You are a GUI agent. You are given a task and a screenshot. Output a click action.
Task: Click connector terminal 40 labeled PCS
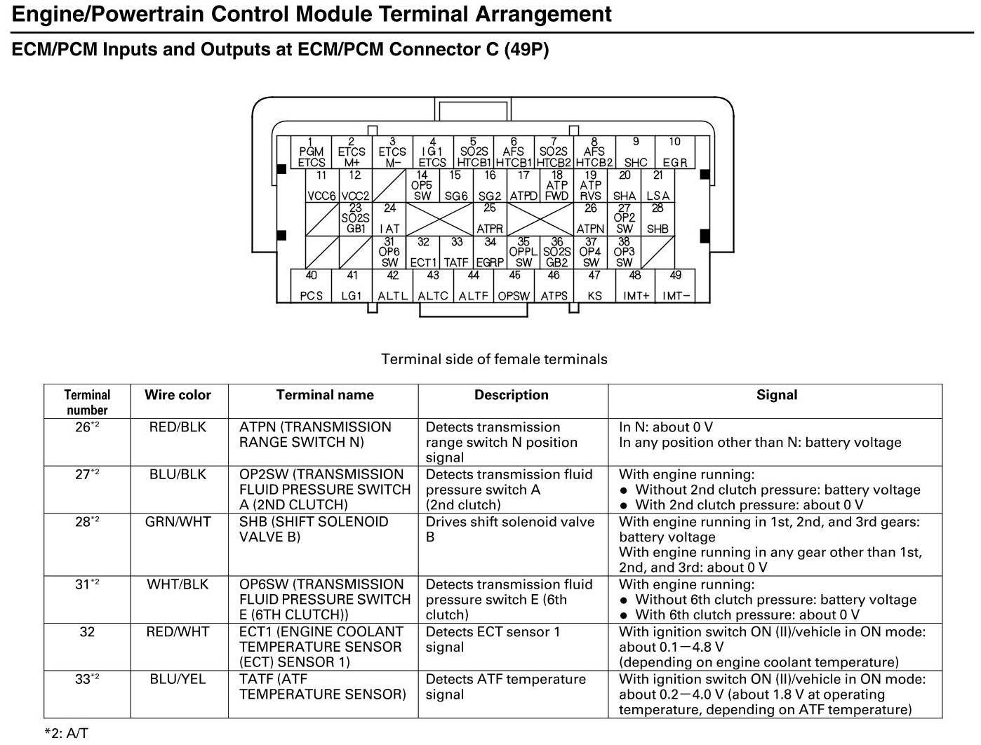pos(311,286)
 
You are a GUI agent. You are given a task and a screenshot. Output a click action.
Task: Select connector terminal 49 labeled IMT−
pos(675,286)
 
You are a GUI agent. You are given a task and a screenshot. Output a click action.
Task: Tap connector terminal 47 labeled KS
pos(594,286)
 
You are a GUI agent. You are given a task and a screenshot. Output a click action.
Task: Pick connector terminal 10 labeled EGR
pos(674,152)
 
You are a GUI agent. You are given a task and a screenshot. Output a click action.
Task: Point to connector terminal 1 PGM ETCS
pos(311,152)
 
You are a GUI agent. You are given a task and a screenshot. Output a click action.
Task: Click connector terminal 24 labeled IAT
pos(389,219)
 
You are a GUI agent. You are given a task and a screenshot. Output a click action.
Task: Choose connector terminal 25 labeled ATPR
pos(490,219)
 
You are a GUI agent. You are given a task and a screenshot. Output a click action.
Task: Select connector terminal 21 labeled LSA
pos(658,186)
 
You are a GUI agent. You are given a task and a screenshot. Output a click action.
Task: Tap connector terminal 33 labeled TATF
pos(456,253)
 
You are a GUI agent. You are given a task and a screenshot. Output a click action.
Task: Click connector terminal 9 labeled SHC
pos(635,152)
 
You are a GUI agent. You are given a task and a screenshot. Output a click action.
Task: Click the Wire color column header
pos(178,395)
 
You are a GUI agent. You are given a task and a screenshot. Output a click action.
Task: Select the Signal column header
pos(776,395)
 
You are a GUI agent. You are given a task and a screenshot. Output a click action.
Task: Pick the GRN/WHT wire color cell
pos(178,522)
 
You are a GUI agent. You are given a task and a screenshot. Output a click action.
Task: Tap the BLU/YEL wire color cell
pos(178,679)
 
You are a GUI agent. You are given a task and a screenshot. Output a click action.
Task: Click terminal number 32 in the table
pos(87,632)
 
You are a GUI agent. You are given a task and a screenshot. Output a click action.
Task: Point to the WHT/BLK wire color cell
pos(178,584)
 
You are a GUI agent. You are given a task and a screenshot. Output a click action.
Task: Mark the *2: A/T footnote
pos(67,733)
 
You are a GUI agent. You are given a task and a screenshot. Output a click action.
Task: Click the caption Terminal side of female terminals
pos(494,359)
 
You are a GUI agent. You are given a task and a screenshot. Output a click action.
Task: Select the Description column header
pos(512,395)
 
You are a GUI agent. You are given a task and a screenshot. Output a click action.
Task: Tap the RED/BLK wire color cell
pos(178,427)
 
